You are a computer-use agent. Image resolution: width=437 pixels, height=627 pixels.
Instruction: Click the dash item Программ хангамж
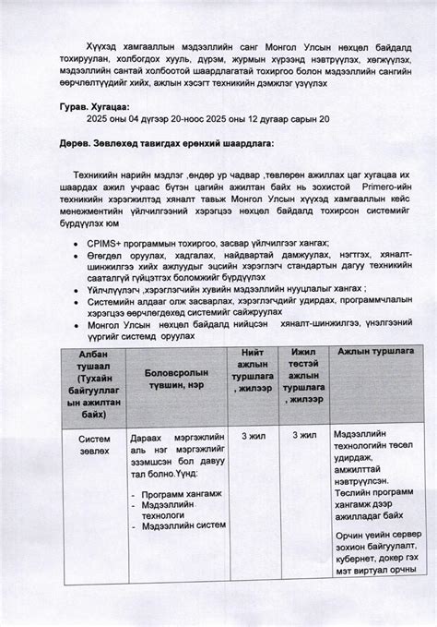(181, 494)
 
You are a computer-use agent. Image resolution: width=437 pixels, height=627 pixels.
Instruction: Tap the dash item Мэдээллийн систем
(183, 525)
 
